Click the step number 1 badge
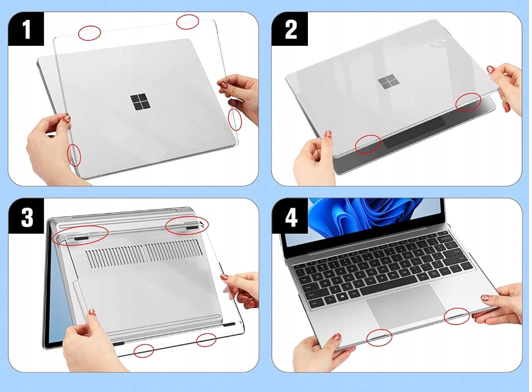pos(26,30)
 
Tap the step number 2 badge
pos(290,30)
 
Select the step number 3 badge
pos(26,218)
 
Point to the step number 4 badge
pos(290,218)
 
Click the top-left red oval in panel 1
pos(90,33)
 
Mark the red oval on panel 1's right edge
pos(235,120)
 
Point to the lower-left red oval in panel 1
pos(74,155)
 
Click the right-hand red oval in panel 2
pos(469,102)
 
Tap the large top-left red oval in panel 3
pos(80,235)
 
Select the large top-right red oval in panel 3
pos(187,225)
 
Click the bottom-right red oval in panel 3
pos(206,340)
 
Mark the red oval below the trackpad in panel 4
pos(379,338)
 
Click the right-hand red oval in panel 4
pos(456,316)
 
